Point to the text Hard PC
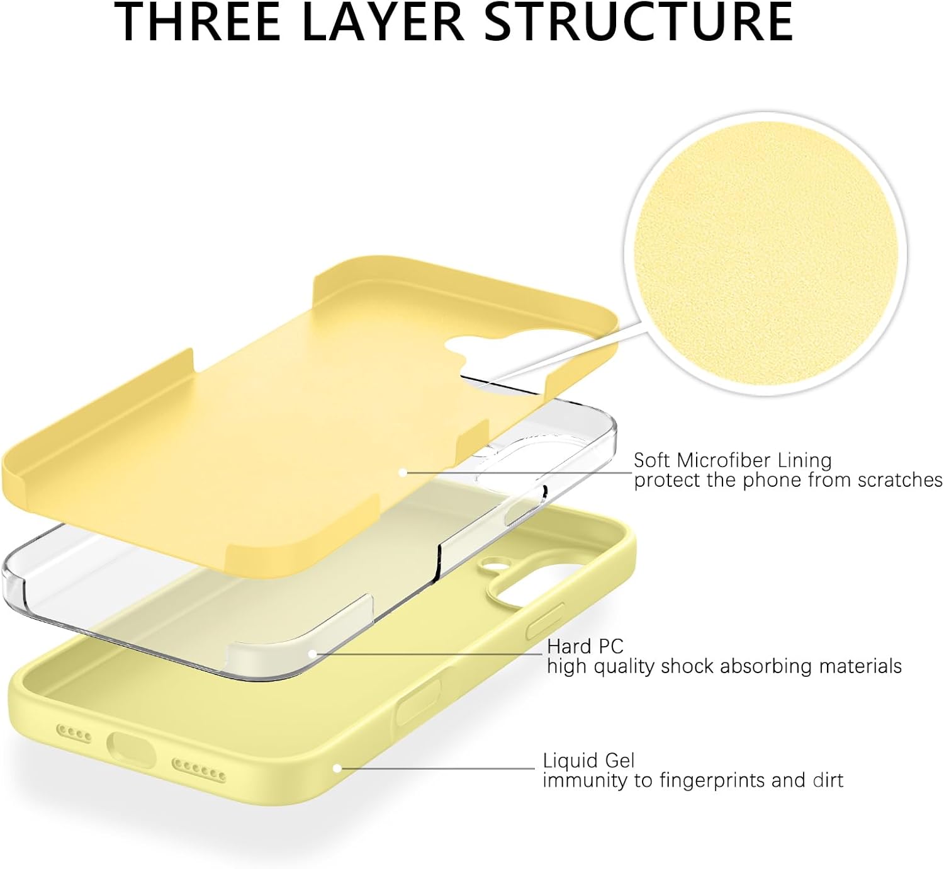585,647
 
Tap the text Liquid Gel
588,761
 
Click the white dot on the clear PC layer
312,654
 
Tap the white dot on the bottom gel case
337,768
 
